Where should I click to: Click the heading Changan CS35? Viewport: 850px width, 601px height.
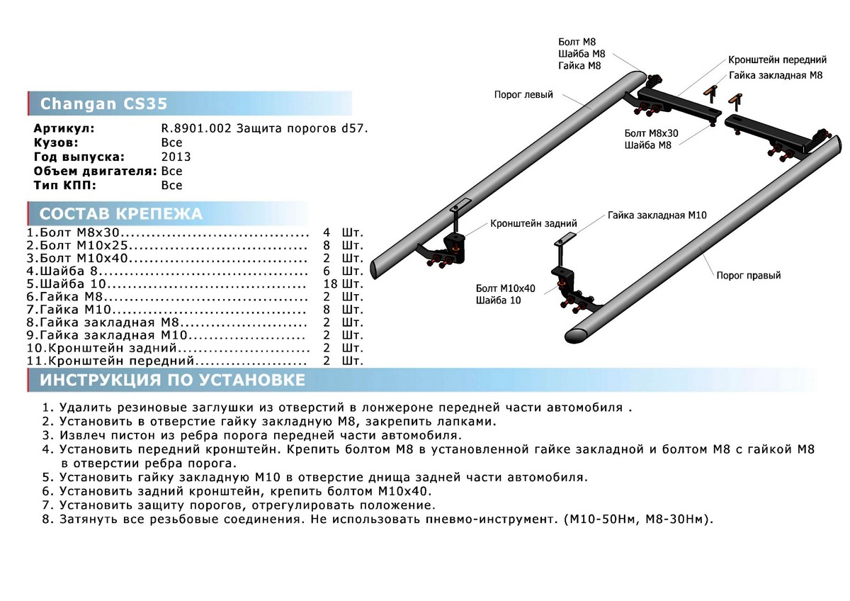tap(104, 103)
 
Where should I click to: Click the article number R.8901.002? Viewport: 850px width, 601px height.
tap(193, 130)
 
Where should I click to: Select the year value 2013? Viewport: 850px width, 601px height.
tap(176, 157)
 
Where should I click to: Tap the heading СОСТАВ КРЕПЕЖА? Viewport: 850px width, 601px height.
tap(120, 214)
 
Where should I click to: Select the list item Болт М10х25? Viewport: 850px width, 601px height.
tap(86, 246)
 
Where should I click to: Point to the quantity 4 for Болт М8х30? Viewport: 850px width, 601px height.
tap(327, 232)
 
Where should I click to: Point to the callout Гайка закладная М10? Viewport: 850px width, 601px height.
tap(657, 215)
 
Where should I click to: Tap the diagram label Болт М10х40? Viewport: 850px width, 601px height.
tap(506, 288)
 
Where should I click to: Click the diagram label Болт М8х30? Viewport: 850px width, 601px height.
tap(651, 133)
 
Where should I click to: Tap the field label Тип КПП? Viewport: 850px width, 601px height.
tap(64, 185)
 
